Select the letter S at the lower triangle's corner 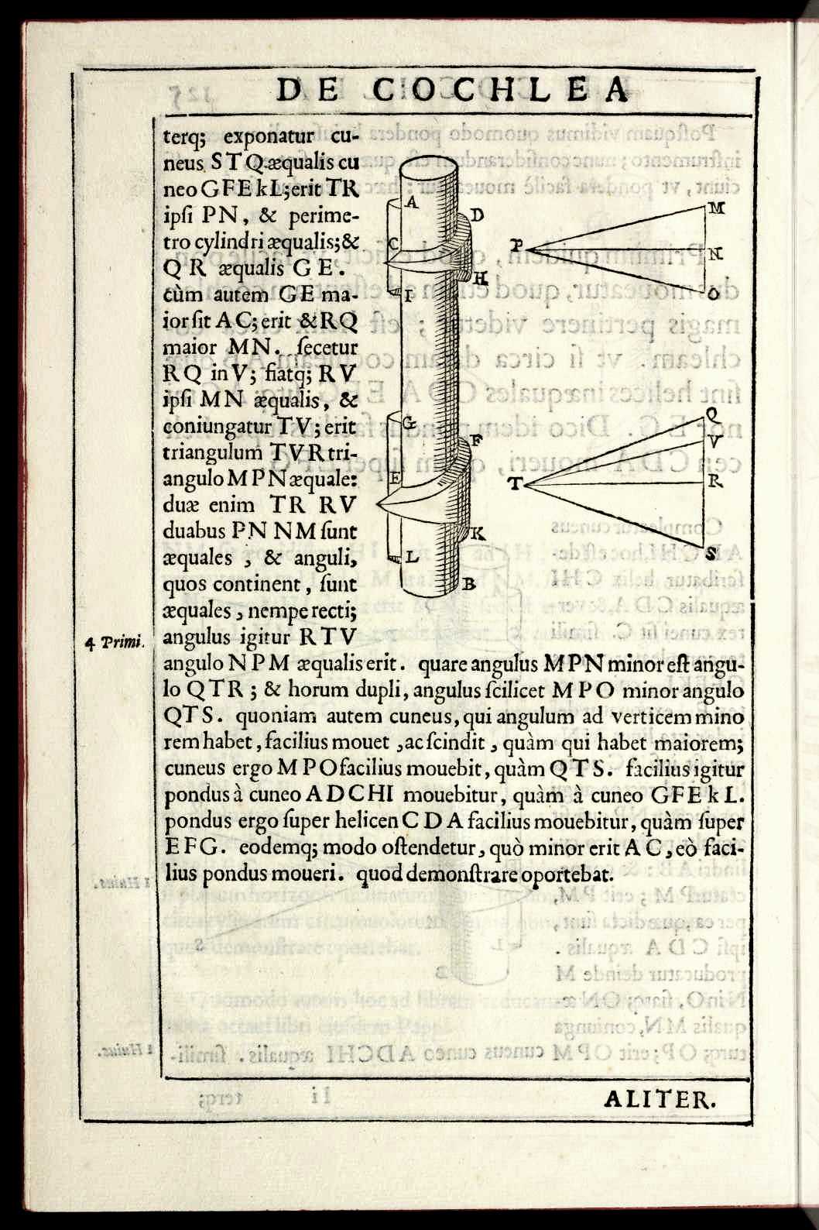point(711,552)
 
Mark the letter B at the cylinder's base point(468,585)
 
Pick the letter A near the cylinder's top point(412,203)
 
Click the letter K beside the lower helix point(477,534)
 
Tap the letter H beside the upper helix point(480,277)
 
